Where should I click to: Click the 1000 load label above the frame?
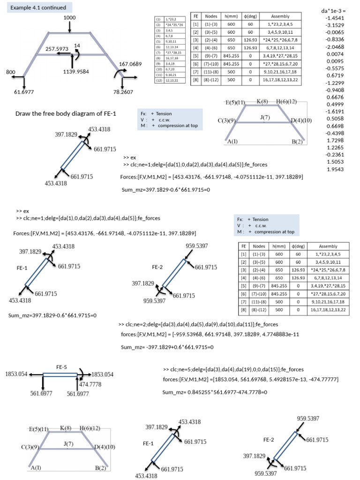[70, 17]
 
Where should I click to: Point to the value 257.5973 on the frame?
[61, 48]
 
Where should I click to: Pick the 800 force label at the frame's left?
[11, 72]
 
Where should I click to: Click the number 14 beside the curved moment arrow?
[77, 45]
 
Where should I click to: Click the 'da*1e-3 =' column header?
[337, 9]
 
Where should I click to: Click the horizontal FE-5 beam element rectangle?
[60, 375]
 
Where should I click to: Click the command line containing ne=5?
[233, 369]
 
